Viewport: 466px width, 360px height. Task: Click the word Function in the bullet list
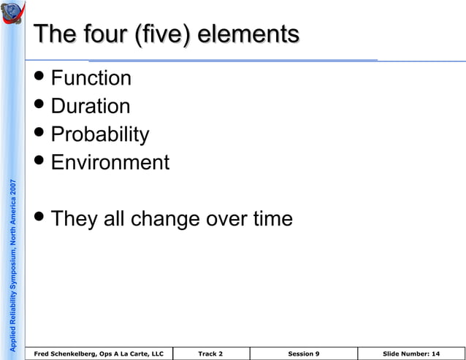point(91,78)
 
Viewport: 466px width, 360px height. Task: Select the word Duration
point(91,107)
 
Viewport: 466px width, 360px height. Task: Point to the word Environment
point(110,162)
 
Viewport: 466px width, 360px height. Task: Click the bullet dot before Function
point(42,78)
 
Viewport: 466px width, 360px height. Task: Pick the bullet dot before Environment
point(42,162)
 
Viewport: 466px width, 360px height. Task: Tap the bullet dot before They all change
point(42,218)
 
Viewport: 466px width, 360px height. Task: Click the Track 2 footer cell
point(210,354)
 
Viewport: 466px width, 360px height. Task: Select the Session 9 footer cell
point(303,354)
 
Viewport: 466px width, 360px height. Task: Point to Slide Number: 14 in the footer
point(410,354)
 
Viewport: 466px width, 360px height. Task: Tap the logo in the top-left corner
point(14,14)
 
